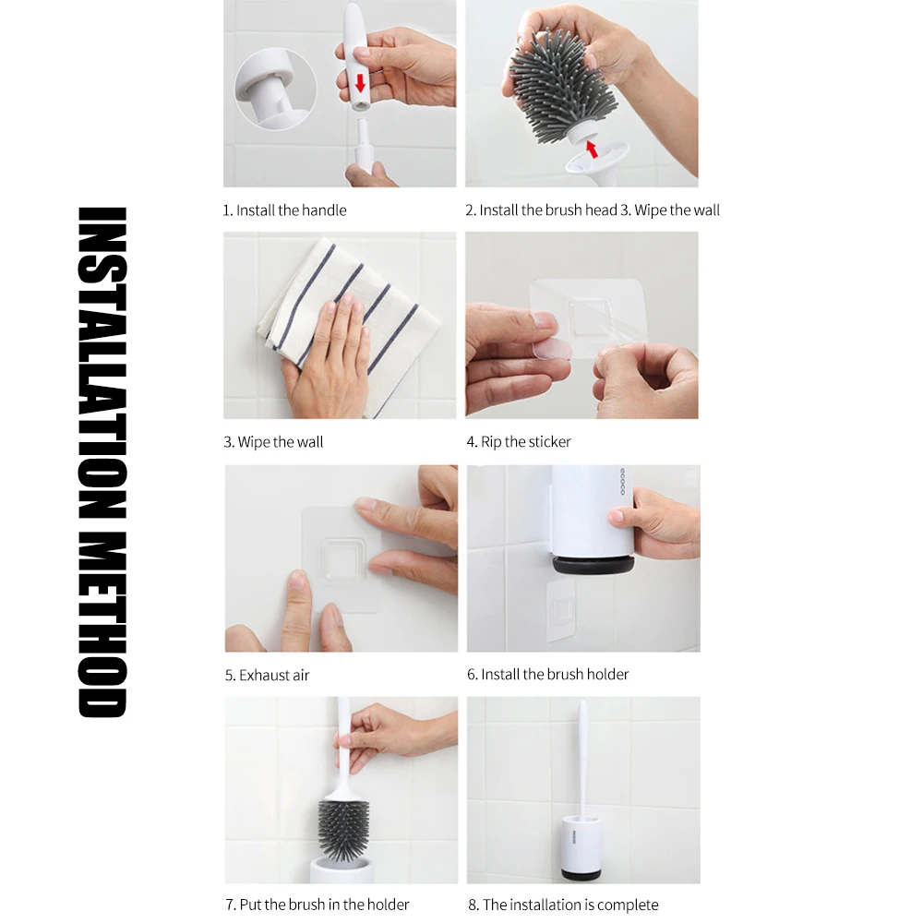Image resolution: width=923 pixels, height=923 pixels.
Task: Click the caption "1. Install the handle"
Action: click(284, 210)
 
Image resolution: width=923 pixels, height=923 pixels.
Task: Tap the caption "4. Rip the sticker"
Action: click(519, 441)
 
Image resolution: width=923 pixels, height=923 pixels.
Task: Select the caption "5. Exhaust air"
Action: click(268, 675)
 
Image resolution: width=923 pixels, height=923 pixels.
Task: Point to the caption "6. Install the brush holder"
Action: click(548, 674)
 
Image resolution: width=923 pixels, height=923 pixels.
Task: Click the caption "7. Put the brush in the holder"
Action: click(318, 905)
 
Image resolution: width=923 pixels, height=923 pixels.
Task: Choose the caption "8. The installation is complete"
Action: click(563, 905)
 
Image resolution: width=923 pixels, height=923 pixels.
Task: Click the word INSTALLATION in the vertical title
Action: click(102, 363)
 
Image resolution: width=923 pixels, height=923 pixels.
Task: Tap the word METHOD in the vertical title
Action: click(102, 625)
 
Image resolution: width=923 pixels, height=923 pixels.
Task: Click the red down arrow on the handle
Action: click(360, 84)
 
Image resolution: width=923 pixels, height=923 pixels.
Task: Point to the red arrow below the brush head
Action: click(591, 148)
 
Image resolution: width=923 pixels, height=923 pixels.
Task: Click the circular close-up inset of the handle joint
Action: click(275, 89)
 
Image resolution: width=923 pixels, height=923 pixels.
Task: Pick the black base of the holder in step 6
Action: click(593, 565)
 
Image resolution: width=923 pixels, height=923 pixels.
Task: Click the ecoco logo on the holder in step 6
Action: click(622, 482)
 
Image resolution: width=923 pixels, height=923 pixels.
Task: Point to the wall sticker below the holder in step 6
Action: click(561, 610)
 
